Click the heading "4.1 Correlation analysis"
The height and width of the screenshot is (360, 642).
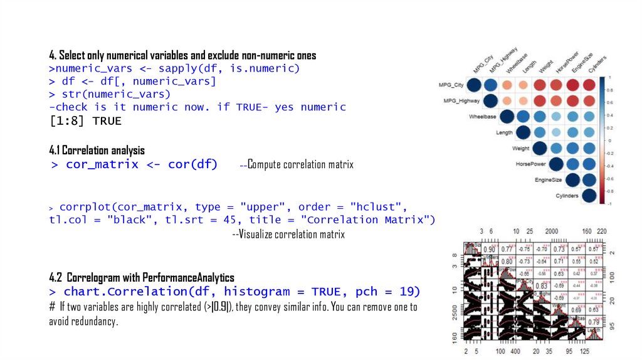[97, 151]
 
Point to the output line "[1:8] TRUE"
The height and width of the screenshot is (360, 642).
[85, 121]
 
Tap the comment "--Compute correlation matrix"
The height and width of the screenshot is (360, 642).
[297, 165]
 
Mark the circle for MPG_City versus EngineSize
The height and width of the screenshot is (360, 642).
[572, 85]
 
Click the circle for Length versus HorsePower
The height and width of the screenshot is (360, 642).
[555, 132]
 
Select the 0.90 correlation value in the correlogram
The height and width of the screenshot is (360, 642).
[488, 250]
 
